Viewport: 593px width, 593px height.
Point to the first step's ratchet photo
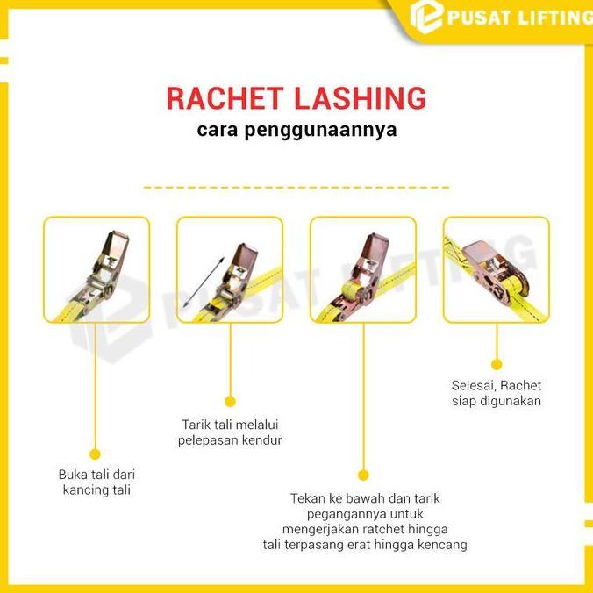[x=96, y=269]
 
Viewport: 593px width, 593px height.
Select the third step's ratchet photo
[x=363, y=269]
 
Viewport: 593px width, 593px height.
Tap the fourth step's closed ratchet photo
[x=496, y=269]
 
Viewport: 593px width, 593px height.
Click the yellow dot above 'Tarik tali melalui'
[x=230, y=402]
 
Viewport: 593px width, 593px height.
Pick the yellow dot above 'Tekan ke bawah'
[x=363, y=475]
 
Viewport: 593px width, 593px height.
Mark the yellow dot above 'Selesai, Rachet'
[x=496, y=362]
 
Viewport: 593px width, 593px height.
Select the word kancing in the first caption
[x=87, y=489]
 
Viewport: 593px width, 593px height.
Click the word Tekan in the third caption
[x=308, y=498]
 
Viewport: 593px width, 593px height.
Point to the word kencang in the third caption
[x=444, y=545]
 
